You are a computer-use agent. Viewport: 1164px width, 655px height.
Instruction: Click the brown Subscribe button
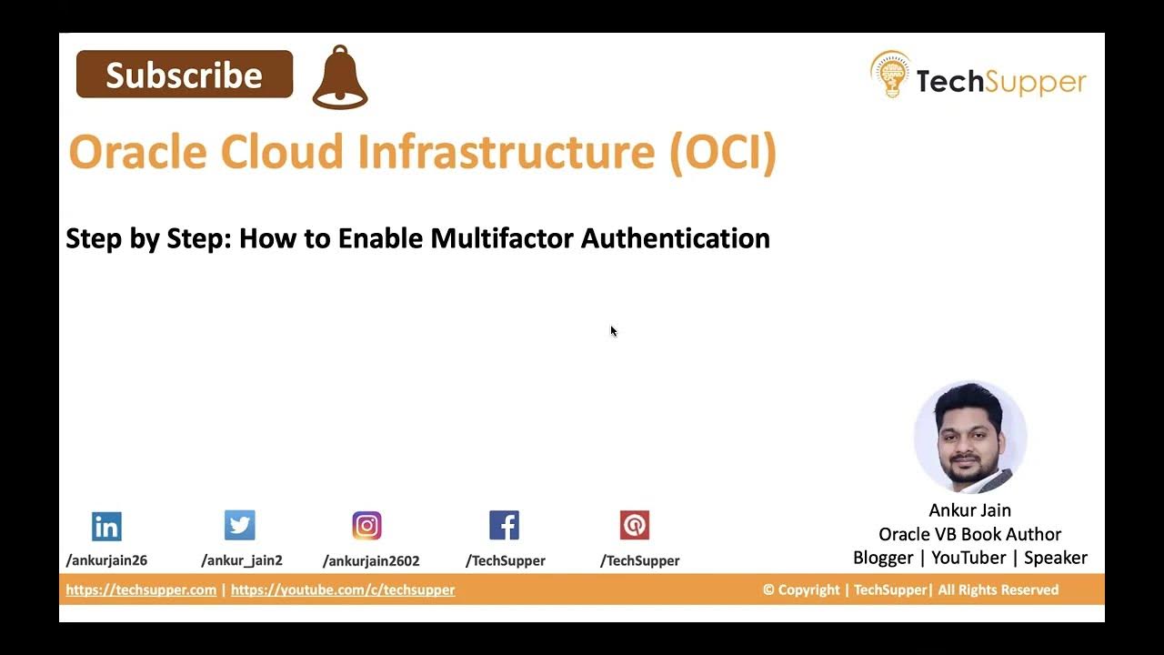tap(185, 75)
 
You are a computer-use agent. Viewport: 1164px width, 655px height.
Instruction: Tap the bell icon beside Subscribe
tap(340, 78)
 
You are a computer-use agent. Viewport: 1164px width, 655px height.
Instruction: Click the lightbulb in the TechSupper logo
tap(889, 76)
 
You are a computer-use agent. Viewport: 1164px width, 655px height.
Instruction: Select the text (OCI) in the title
tap(723, 152)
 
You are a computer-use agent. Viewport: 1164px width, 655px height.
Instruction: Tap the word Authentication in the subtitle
tap(676, 238)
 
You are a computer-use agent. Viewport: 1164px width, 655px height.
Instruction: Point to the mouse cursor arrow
tap(613, 330)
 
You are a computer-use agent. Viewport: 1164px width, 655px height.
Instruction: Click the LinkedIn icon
tap(106, 526)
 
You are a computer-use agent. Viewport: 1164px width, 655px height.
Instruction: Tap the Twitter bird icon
tap(240, 525)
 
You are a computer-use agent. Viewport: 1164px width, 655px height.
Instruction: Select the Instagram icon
tap(367, 525)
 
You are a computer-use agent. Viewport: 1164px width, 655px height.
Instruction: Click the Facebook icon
tap(504, 525)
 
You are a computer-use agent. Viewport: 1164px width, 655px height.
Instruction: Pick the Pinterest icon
tap(635, 525)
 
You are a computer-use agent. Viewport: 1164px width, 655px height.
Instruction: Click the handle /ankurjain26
tap(106, 560)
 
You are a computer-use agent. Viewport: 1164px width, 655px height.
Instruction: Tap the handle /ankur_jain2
tap(242, 560)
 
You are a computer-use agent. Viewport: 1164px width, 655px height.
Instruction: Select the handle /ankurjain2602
tap(371, 560)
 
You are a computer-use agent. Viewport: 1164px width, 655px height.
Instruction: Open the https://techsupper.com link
tap(141, 589)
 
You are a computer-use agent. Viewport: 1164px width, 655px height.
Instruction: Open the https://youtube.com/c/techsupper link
tap(343, 589)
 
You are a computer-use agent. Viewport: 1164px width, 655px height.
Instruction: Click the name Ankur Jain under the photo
tap(969, 510)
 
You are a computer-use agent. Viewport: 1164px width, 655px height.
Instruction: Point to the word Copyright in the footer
tap(808, 589)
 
